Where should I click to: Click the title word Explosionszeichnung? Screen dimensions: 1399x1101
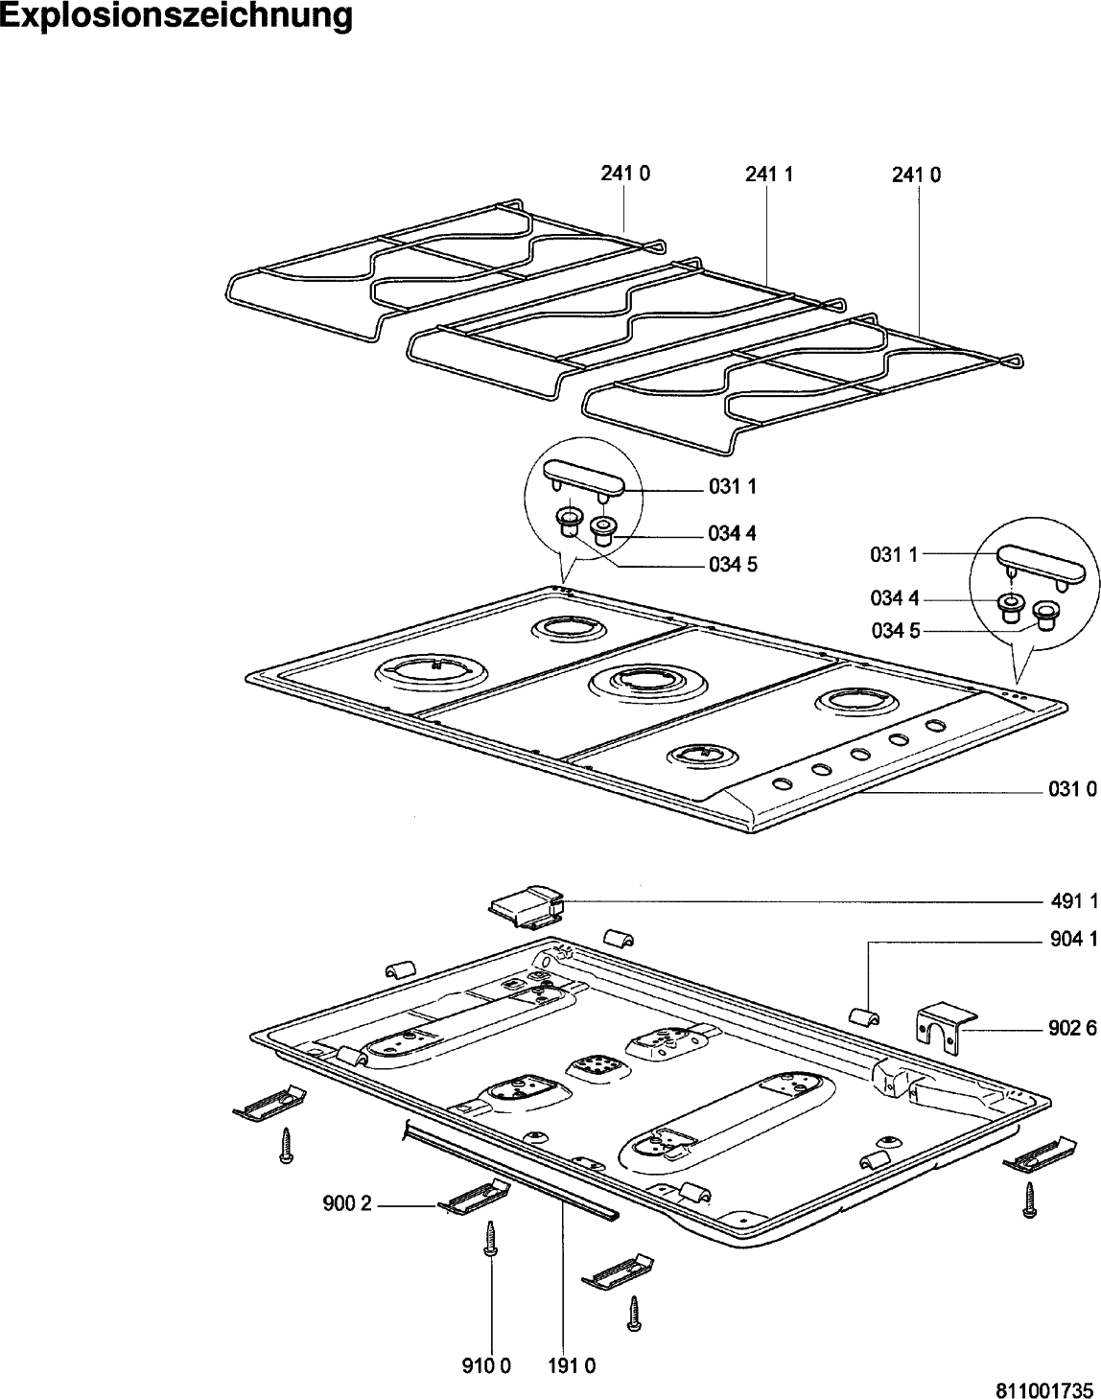(176, 16)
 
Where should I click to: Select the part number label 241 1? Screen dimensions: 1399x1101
(768, 175)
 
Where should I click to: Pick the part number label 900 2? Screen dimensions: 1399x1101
(346, 1205)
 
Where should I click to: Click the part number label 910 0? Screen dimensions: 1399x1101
(491, 1366)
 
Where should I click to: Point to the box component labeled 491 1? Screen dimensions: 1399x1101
(526, 906)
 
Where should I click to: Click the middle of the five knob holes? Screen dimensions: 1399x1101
(859, 755)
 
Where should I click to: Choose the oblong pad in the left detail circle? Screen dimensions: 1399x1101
(584, 476)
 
